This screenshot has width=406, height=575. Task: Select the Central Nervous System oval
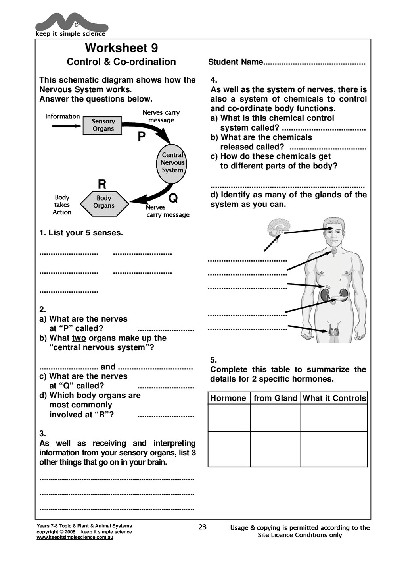[172, 163]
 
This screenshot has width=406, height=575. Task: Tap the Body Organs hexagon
[104, 202]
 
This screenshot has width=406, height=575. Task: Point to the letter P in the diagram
[142, 137]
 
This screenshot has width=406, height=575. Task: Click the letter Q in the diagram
[173, 198]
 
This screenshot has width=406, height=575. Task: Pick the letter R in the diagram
[102, 184]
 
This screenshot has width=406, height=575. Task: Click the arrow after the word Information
[67, 126]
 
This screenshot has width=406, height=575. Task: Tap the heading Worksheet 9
[121, 48]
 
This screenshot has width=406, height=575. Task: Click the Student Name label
[236, 62]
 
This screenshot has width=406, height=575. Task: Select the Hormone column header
[228, 398]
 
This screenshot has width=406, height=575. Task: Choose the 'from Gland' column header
[276, 398]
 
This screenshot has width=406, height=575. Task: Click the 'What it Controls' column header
[334, 398]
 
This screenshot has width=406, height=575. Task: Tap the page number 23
[203, 527]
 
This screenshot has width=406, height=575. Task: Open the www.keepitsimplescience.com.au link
[75, 538]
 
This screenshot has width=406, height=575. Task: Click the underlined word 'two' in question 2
[79, 338]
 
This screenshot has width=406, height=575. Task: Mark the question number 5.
[213, 360]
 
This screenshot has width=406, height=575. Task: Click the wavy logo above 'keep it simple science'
[71, 23]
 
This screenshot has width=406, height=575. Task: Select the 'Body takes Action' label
[62, 205]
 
